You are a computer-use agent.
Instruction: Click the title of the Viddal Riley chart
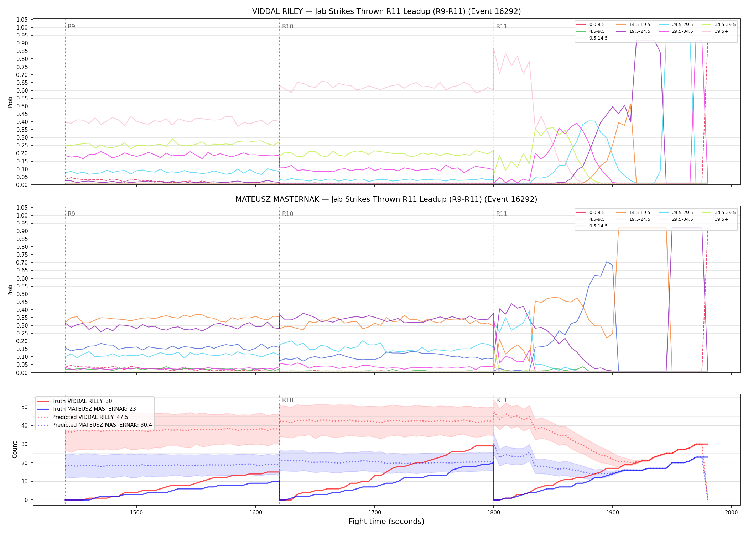tap(386, 11)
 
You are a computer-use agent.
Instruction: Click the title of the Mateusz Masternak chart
tap(386, 199)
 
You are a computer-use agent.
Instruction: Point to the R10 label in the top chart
tap(287, 26)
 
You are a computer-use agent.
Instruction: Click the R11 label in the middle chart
tap(502, 214)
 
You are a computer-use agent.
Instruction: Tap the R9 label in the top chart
tap(71, 26)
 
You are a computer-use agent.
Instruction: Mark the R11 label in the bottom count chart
tap(502, 400)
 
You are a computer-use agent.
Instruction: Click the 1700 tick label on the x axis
tap(374, 513)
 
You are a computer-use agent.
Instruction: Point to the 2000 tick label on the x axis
tap(731, 513)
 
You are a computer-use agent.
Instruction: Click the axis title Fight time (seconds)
tap(386, 522)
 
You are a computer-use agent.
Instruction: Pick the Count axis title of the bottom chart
tap(15, 450)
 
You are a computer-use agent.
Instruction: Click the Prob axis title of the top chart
tap(10, 102)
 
